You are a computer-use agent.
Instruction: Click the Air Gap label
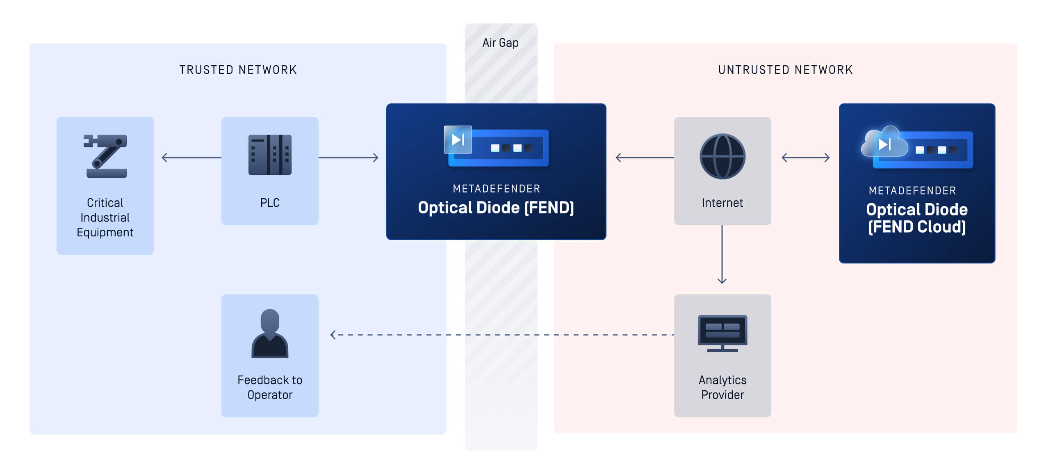(500, 43)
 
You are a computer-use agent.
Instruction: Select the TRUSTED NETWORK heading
(238, 70)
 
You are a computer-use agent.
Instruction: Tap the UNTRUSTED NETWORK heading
(785, 70)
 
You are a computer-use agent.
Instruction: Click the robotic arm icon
(105, 156)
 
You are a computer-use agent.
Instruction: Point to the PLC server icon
(270, 155)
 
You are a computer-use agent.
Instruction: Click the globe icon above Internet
(722, 156)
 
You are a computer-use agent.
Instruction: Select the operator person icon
(270, 334)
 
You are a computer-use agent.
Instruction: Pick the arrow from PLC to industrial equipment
(191, 158)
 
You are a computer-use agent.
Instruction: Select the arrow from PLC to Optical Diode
(349, 158)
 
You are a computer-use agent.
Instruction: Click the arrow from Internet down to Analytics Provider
(722, 254)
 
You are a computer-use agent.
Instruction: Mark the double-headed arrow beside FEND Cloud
(805, 158)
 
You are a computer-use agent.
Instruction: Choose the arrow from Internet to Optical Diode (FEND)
(645, 158)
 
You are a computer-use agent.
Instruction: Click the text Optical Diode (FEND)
(496, 208)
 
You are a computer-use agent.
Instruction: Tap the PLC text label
(270, 203)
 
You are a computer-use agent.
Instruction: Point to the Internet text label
(722, 203)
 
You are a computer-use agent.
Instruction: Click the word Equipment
(105, 232)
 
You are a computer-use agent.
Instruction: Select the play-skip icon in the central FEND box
(458, 140)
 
